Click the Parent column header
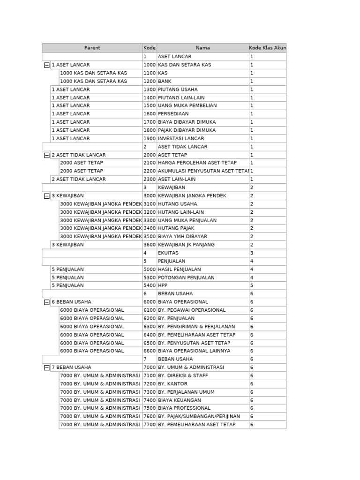point(92,48)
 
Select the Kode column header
point(149,48)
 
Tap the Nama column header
point(202,48)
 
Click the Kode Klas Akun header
point(267,48)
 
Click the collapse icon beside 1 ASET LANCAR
point(46,65)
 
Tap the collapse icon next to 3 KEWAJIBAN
point(46,196)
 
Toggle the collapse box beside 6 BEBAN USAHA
point(46,302)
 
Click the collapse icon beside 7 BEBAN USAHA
point(46,368)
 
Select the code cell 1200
point(149,81)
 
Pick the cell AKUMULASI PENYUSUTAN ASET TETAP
point(202,171)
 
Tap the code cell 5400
point(149,285)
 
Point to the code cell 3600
point(149,245)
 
